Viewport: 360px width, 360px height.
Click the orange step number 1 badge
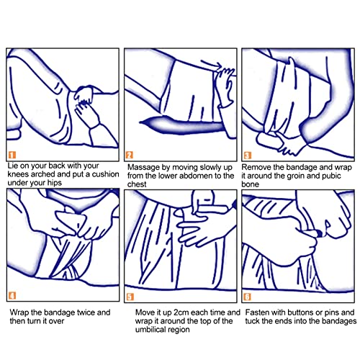[x=12, y=155]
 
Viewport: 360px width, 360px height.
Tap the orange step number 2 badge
[x=130, y=155]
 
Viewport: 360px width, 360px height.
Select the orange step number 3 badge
[x=248, y=156]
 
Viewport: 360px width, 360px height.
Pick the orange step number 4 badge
[x=12, y=295]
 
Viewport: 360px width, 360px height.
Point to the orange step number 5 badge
[x=130, y=297]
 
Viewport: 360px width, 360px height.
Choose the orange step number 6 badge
[x=248, y=297]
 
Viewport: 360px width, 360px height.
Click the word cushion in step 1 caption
[x=106, y=174]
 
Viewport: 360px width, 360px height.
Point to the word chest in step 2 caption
[x=137, y=184]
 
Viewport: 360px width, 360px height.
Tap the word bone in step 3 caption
[x=251, y=184]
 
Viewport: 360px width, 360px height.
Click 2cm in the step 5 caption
[x=181, y=312]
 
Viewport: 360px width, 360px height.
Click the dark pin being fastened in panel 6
[x=318, y=233]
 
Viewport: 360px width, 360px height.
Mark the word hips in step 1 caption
[x=55, y=183]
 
